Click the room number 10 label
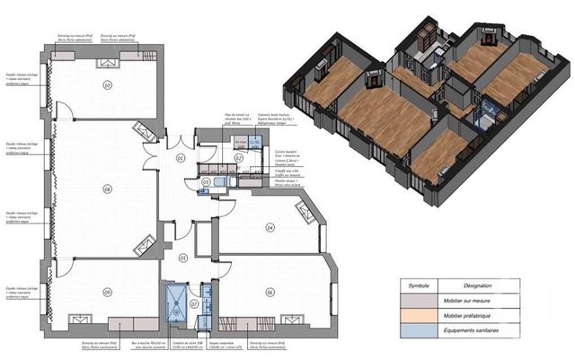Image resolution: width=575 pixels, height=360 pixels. click(107, 86)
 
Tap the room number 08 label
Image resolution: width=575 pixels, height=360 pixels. click(107, 189)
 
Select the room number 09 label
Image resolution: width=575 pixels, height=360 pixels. click(107, 293)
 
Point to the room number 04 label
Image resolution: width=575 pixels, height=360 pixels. click(270, 228)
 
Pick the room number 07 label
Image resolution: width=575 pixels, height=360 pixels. click(194, 303)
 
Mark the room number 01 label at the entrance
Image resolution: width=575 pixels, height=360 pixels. click(180, 159)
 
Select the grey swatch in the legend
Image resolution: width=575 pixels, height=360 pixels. click(419, 302)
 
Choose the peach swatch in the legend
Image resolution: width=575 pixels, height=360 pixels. click(419, 316)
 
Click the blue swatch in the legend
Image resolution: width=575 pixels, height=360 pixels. click(419, 330)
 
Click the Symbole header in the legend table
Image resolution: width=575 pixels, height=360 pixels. click(419, 285)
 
